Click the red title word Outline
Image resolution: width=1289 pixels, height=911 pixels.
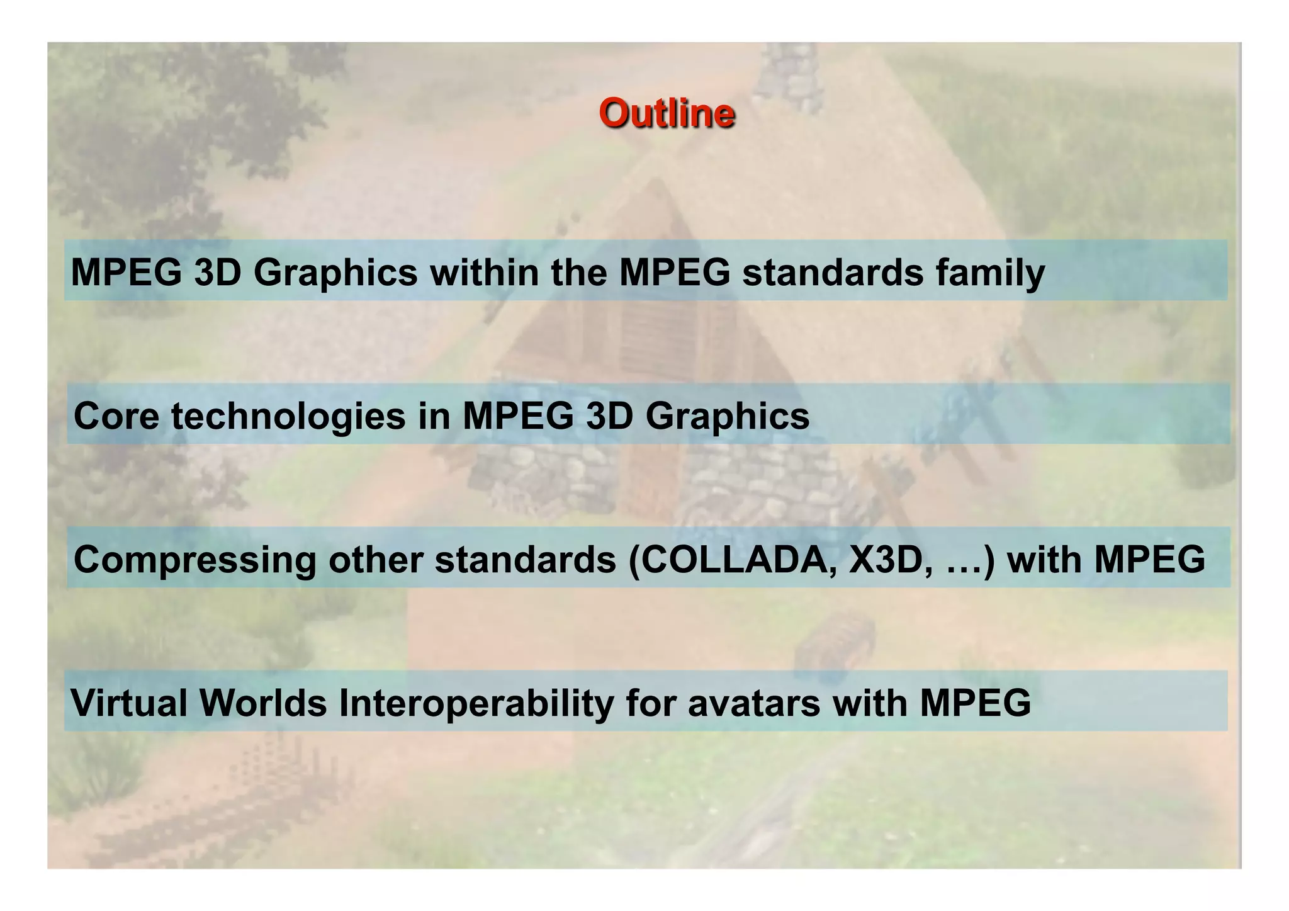point(667,113)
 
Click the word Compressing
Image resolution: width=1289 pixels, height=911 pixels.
point(194,560)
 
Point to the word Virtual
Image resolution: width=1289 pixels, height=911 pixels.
point(129,703)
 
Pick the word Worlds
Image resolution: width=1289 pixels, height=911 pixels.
point(264,703)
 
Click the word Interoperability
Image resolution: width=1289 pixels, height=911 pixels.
point(476,704)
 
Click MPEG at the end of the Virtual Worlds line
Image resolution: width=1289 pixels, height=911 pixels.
point(975,703)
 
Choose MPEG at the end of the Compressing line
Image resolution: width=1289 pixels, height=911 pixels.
point(1149,559)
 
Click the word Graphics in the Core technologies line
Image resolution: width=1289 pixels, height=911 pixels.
point(728,417)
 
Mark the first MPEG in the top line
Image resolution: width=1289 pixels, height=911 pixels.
point(126,273)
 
